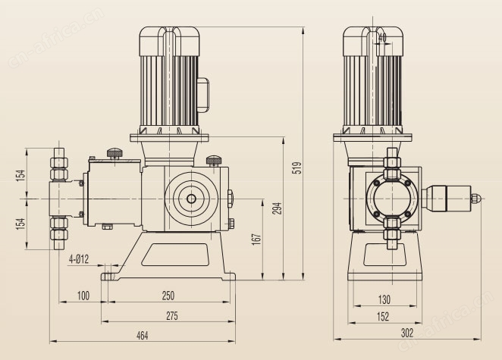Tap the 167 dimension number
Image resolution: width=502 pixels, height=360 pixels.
click(257, 238)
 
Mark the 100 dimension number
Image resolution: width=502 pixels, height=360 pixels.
click(83, 295)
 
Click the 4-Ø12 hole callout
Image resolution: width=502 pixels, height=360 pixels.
click(80, 259)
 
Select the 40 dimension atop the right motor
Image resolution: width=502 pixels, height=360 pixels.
click(381, 36)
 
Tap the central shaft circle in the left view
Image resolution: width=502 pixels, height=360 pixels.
click(190, 199)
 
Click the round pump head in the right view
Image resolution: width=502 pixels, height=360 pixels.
click(391, 199)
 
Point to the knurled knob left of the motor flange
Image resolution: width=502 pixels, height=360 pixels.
click(115, 153)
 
